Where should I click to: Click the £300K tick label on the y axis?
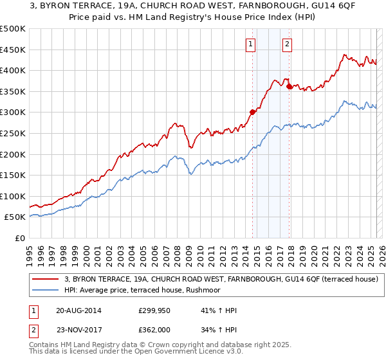(x=13, y=113)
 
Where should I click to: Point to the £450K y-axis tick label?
(x=13, y=50)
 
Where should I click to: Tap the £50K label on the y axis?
(x=15, y=217)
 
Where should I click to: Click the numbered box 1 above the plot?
(x=250, y=44)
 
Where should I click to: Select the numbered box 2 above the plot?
(x=286, y=44)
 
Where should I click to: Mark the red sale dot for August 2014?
(x=252, y=112)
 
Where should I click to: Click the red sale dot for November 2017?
(x=289, y=86)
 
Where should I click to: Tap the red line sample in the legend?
(x=46, y=280)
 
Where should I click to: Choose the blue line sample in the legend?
(x=46, y=290)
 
